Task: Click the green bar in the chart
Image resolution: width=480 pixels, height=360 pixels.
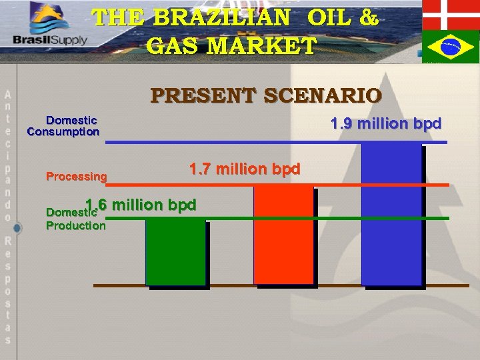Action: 175,252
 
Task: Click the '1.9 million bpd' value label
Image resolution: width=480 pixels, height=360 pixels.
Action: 386,124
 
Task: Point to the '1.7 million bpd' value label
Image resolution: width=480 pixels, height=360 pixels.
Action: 245,169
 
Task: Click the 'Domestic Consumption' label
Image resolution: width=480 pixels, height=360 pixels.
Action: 64,126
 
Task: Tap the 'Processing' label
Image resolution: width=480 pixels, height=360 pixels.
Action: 76,177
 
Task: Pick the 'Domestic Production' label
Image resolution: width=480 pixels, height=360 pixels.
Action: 75,219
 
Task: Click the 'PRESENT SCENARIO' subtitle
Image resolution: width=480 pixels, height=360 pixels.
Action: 266,95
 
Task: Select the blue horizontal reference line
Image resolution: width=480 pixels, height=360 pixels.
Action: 276,143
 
